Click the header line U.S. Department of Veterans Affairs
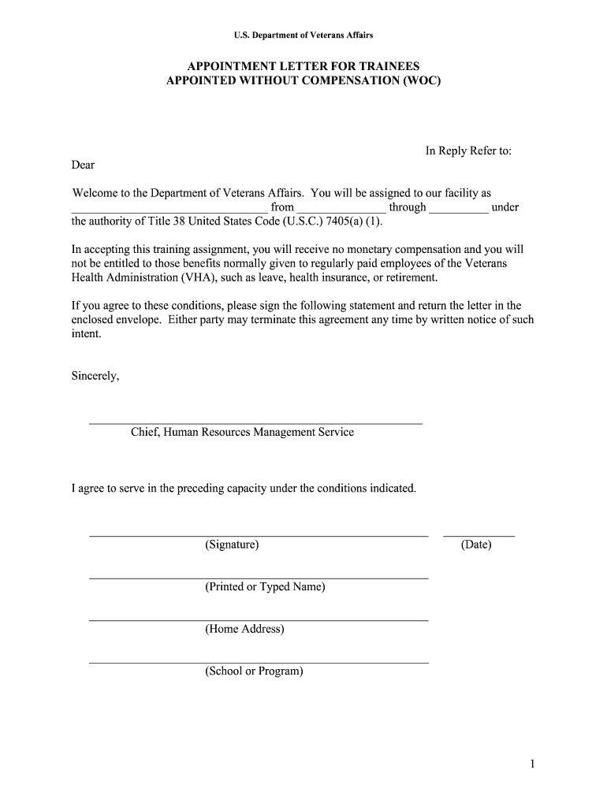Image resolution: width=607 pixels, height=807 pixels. tap(303, 35)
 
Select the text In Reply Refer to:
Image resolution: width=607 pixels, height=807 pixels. tap(468, 151)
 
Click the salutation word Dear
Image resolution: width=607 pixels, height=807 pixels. tap(83, 165)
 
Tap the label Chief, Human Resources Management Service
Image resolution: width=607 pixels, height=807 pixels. tap(242, 432)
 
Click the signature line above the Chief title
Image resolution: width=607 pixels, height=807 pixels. tap(255, 424)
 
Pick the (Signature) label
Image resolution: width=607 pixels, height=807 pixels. tap(232, 545)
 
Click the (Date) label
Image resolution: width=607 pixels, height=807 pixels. tap(476, 545)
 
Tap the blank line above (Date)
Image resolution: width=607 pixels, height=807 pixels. tap(479, 536)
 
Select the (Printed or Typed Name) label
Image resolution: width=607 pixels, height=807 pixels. tap(265, 587)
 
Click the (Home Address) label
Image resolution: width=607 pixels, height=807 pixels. tap(244, 629)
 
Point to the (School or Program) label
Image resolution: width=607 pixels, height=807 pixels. tap(254, 671)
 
